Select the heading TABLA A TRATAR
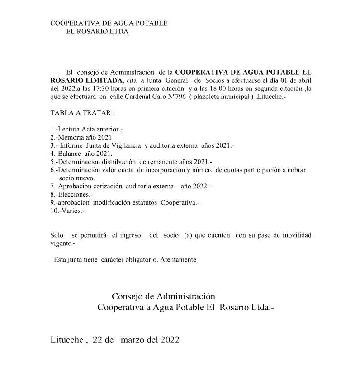pyautogui.click(x=82, y=112)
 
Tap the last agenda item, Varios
pyautogui.click(x=71, y=211)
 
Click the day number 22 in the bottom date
pyautogui.click(x=98, y=340)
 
